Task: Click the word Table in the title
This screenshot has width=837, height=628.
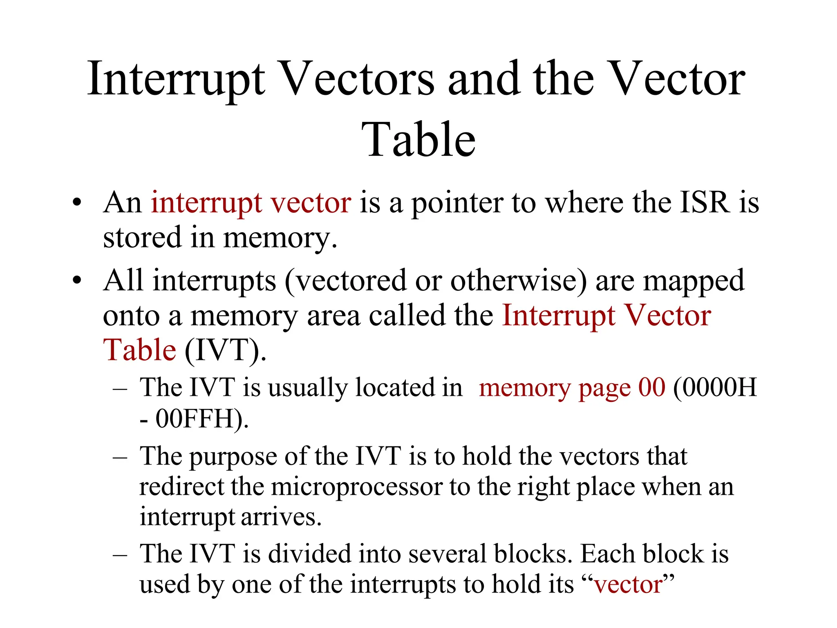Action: click(418, 140)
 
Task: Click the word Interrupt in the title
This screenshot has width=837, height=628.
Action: click(176, 80)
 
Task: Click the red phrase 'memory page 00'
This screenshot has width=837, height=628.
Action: click(572, 388)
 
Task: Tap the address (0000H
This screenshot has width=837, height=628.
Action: click(714, 387)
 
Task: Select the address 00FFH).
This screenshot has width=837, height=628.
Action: click(202, 419)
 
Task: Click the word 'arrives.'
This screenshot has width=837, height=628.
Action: click(281, 517)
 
